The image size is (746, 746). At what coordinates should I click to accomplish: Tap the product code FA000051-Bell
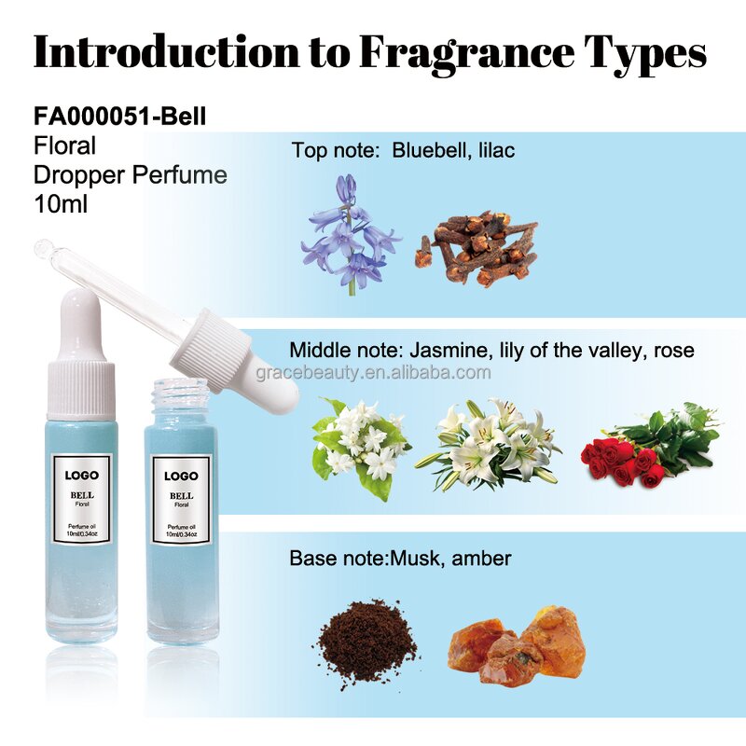119,117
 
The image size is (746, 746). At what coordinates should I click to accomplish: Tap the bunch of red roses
647,445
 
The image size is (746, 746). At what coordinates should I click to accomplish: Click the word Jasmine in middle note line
441,351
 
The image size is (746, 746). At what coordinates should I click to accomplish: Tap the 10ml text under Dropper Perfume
60,202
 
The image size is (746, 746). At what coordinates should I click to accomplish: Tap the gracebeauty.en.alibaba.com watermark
373,373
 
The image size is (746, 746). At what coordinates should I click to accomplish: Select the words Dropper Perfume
130,174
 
